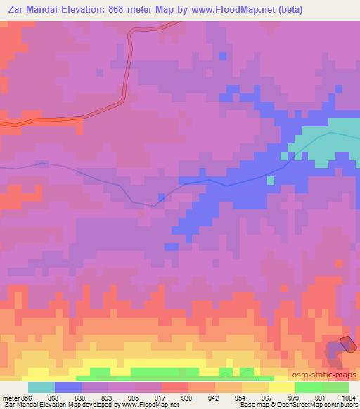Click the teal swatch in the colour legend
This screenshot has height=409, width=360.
tap(41, 387)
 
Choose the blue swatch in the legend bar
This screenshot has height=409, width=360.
tap(68, 387)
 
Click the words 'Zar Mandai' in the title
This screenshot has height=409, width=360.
tap(30, 10)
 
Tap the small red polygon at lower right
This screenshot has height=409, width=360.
tap(347, 342)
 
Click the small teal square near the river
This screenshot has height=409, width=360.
tap(271, 180)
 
